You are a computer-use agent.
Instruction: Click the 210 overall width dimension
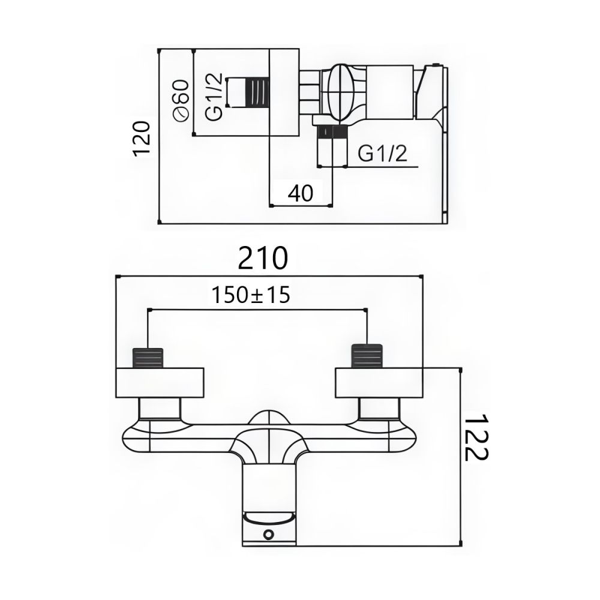pyautogui.click(x=263, y=259)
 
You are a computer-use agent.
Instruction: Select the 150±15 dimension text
pyautogui.click(x=250, y=295)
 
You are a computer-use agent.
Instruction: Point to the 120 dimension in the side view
pyautogui.click(x=142, y=138)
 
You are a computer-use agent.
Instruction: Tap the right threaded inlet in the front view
pyautogui.click(x=367, y=356)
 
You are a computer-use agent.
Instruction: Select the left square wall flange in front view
pyautogui.click(x=160, y=383)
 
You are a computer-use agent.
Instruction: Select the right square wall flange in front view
pyautogui.click(x=379, y=383)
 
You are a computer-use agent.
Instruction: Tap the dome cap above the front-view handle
pyautogui.click(x=270, y=419)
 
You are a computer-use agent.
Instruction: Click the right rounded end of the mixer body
pyautogui.click(x=404, y=439)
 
